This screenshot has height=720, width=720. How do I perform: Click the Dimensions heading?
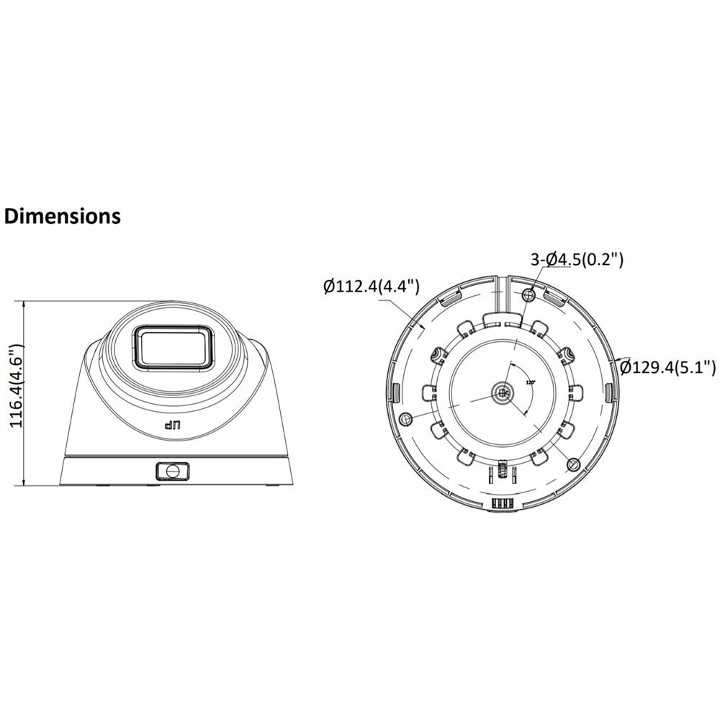[x=63, y=215]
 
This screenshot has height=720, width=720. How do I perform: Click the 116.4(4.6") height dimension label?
[x=16, y=387]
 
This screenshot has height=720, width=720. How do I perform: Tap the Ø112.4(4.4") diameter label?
[x=371, y=287]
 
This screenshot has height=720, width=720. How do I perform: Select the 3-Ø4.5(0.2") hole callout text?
[x=576, y=260]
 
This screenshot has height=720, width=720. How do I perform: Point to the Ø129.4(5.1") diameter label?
[x=667, y=367]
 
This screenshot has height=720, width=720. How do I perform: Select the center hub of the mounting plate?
[x=503, y=392]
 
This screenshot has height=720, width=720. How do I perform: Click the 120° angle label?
[x=531, y=382]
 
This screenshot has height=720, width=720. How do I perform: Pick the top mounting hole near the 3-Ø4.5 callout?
[x=531, y=294]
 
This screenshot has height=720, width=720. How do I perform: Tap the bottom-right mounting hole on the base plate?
[x=573, y=462]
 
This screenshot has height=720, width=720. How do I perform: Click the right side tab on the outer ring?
[x=609, y=392]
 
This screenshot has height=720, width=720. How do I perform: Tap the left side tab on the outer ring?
[x=397, y=392]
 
